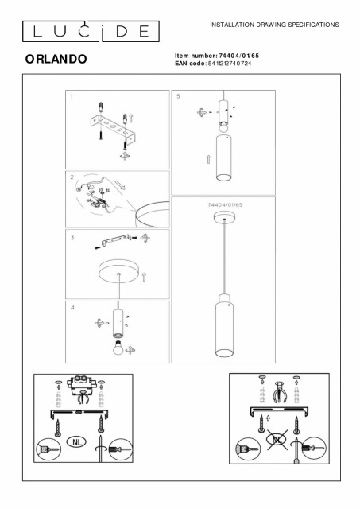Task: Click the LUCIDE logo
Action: click(91, 31)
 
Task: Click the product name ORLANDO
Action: click(56, 59)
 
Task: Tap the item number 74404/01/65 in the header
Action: click(239, 56)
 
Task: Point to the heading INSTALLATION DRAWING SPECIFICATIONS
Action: click(274, 25)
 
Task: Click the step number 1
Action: click(72, 96)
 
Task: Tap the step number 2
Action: click(72, 177)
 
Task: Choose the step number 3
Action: click(72, 238)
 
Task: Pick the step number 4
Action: click(72, 307)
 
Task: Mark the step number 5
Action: click(178, 96)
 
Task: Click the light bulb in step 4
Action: click(118, 348)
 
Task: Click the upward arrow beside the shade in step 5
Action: click(208, 159)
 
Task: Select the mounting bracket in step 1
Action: click(112, 128)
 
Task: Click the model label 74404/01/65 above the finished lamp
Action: click(225, 205)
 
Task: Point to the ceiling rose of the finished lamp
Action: click(224, 217)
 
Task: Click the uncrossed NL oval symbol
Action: click(76, 441)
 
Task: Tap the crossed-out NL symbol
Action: click(277, 440)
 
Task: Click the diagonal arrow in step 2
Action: click(120, 185)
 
